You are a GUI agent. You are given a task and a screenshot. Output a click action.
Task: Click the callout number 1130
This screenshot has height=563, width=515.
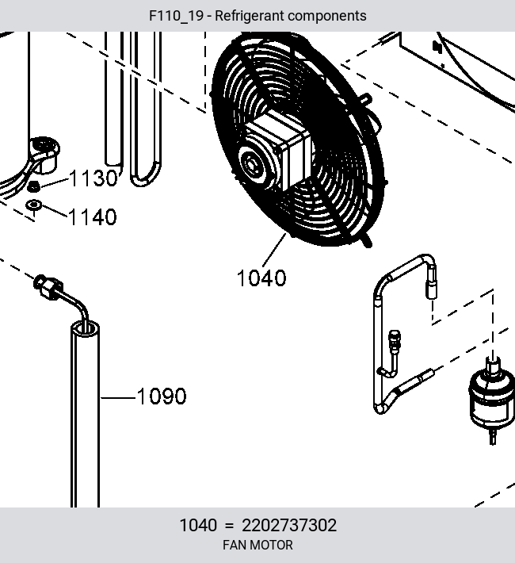tap(93, 178)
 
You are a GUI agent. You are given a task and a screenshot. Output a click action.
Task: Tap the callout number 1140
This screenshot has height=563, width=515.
tap(92, 216)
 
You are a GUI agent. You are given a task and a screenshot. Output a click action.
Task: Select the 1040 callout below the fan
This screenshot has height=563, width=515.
tap(261, 278)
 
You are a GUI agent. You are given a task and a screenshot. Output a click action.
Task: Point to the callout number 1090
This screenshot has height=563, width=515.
tap(162, 396)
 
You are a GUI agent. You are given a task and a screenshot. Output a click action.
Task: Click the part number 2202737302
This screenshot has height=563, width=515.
tap(289, 525)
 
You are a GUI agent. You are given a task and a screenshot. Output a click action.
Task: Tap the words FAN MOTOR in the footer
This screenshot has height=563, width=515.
tap(257, 545)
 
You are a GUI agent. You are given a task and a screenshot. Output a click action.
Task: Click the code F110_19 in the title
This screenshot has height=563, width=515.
tap(176, 16)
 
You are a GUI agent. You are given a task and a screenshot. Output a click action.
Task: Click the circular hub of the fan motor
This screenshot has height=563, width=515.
tap(252, 165)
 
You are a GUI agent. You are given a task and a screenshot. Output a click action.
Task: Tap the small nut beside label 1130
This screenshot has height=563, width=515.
tap(34, 186)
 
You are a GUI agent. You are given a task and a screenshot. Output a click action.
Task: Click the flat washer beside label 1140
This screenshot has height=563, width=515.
tap(34, 205)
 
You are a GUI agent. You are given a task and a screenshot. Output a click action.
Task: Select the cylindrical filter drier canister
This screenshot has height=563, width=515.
tap(492, 399)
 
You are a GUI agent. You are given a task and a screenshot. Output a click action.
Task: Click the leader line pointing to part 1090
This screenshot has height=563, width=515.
tap(118, 397)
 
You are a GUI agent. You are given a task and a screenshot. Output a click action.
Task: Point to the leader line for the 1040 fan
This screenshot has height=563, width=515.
tap(274, 250)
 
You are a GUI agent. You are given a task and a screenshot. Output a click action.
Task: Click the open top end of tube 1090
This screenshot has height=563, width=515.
tap(85, 329)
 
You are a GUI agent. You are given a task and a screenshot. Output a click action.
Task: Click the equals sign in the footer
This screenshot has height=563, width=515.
tap(229, 526)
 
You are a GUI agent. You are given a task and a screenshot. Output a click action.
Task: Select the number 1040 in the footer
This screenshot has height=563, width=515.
tap(198, 525)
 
